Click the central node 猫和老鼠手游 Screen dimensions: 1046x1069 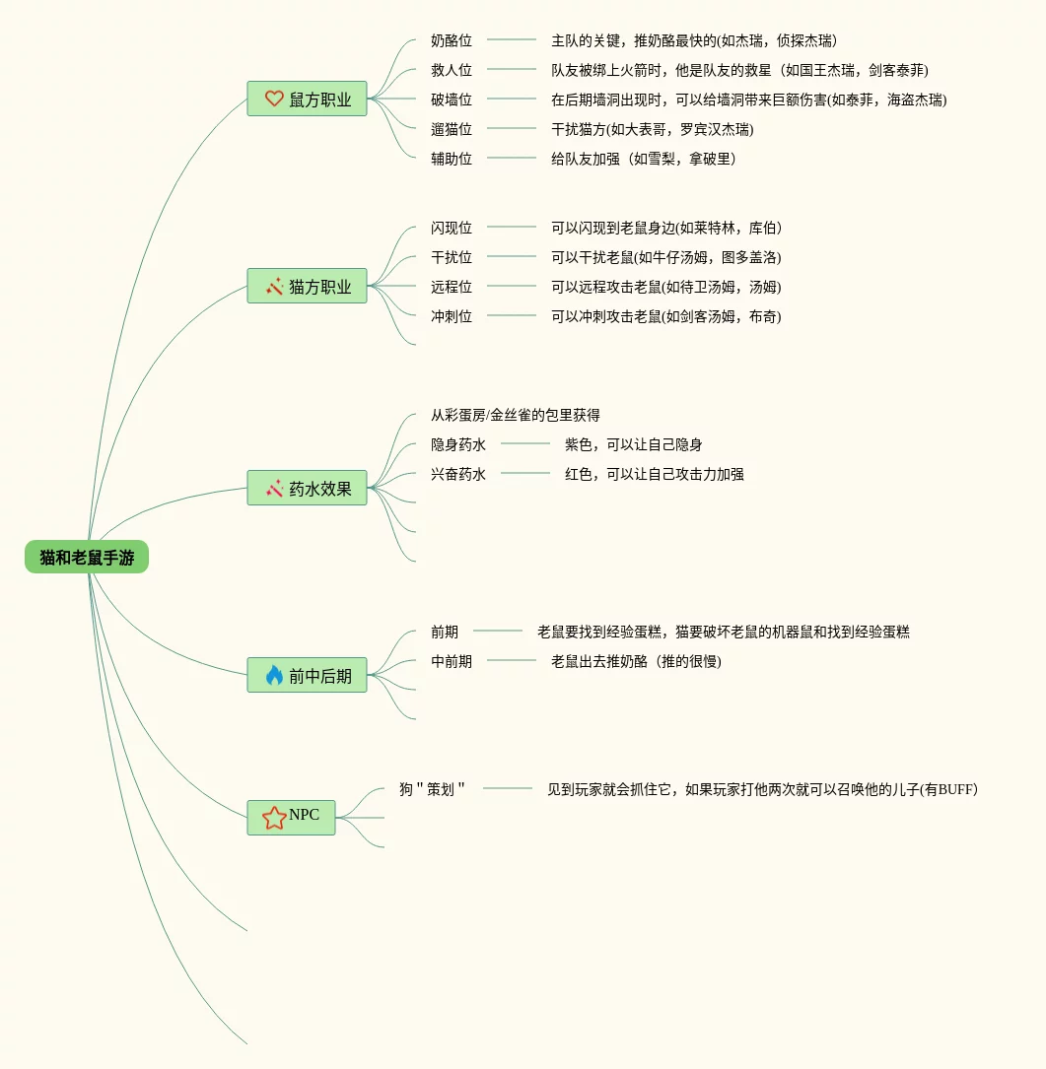click(x=87, y=557)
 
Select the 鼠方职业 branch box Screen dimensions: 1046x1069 click(x=307, y=99)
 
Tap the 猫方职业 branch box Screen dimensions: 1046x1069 click(x=307, y=286)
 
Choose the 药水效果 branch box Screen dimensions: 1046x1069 click(x=307, y=488)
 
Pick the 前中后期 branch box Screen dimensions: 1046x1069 click(x=307, y=675)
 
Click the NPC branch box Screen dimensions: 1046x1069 click(x=291, y=817)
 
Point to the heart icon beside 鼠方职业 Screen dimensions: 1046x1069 click(x=274, y=99)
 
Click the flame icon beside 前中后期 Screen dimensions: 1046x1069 click(x=274, y=675)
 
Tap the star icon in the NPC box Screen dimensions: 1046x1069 click(x=273, y=817)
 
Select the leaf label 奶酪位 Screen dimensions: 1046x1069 click(x=452, y=40)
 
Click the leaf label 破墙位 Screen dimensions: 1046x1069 click(x=452, y=100)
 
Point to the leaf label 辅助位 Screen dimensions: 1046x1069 click(x=452, y=159)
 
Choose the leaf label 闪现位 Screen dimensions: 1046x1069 click(x=452, y=228)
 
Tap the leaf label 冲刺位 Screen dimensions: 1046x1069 click(x=452, y=316)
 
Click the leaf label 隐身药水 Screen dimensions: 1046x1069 click(x=458, y=444)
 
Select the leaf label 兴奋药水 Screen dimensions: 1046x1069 click(x=458, y=474)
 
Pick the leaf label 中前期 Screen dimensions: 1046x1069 click(x=452, y=661)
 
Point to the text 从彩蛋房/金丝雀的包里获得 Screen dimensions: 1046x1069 click(x=516, y=415)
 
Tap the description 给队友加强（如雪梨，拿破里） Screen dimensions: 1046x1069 click(x=644, y=159)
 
